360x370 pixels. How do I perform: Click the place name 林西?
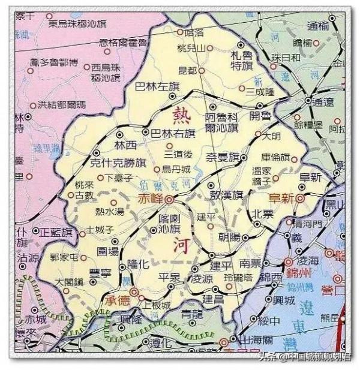pyautogui.click(x=127, y=145)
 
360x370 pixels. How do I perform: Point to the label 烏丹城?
pyautogui.click(x=176, y=169)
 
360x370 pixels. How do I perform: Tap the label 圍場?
pyautogui.click(x=108, y=251)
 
